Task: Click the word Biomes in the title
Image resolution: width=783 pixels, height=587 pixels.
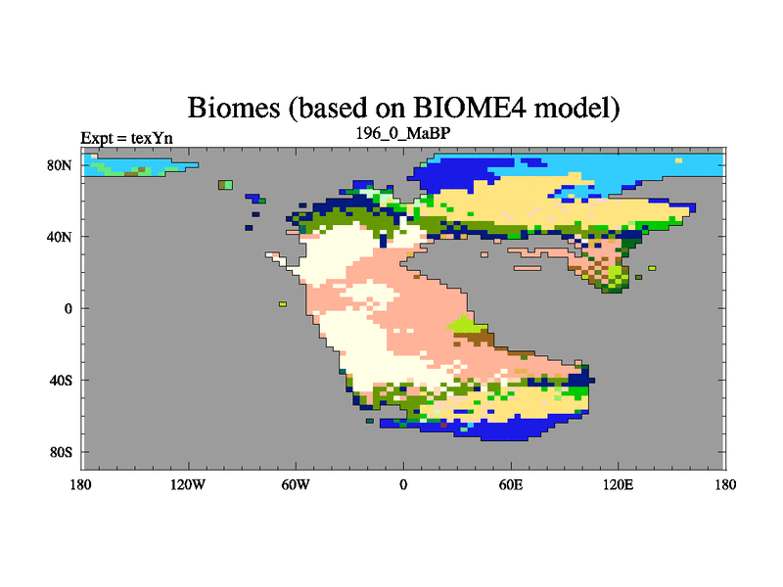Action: click(234, 108)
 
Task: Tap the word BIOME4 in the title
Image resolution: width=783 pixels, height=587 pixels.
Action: click(470, 107)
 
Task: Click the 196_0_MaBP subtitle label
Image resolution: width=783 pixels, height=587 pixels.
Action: click(403, 133)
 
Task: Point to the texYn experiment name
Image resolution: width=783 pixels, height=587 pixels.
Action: click(152, 138)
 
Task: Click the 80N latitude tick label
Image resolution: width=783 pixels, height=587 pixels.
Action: click(60, 165)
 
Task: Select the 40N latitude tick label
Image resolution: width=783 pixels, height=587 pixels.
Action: click(60, 237)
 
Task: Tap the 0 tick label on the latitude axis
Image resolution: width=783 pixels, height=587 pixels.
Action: click(68, 308)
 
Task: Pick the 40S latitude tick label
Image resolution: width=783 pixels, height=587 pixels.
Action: click(61, 381)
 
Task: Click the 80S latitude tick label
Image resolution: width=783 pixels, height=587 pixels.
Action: click(61, 452)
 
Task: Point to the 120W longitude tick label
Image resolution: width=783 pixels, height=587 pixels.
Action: click(188, 484)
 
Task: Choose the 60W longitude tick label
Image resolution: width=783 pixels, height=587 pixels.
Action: click(296, 484)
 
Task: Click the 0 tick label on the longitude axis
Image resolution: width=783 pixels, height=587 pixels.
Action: click(403, 484)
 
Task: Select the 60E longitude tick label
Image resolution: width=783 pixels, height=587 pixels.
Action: click(511, 484)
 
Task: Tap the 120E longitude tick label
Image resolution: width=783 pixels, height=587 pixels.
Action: click(619, 484)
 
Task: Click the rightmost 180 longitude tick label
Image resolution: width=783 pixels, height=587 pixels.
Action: click(725, 484)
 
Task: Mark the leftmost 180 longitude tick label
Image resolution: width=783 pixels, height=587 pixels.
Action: click(80, 484)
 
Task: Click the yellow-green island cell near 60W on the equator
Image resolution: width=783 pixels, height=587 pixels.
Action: click(283, 304)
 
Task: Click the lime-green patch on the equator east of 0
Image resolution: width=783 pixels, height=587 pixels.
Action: click(466, 324)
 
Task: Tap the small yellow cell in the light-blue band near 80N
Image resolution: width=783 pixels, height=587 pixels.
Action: click(678, 160)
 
